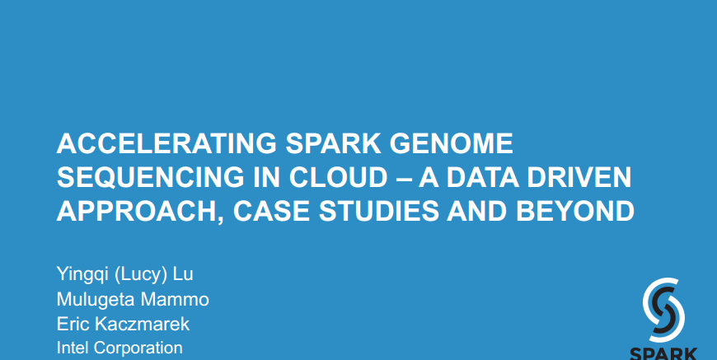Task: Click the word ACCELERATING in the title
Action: click(166, 143)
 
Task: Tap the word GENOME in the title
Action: click(452, 143)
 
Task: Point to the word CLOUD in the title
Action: click(338, 178)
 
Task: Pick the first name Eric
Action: click(73, 324)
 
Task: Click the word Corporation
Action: click(138, 348)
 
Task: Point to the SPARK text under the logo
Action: click(663, 354)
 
